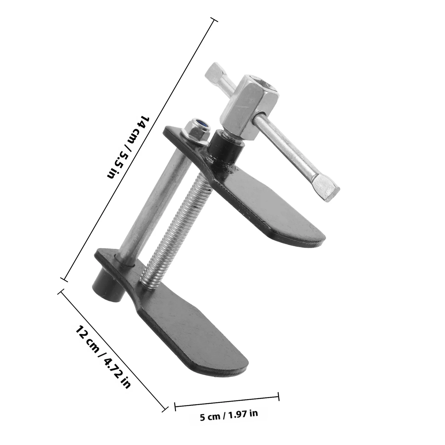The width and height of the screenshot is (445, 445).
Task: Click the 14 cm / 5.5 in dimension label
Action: coord(128,147)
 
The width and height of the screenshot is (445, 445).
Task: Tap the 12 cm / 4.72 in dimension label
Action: coord(103,357)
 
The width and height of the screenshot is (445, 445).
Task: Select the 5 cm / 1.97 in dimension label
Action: coord(229,419)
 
